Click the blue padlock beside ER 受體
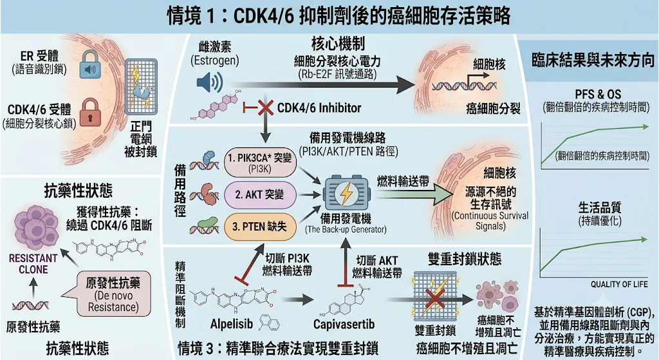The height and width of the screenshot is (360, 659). pos(90,65)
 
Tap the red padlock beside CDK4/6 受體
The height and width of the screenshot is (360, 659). pos(91,112)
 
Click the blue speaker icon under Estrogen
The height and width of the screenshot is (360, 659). pos(210,82)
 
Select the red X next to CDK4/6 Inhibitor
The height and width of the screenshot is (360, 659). pos(265,108)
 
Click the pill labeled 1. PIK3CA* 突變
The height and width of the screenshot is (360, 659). pos(260,162)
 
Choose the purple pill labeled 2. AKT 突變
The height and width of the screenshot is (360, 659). pos(260,194)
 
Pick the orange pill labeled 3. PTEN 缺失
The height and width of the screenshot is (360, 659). pos(260,227)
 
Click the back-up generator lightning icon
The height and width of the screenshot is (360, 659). pos(347,194)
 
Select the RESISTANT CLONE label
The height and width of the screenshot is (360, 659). pos(33,263)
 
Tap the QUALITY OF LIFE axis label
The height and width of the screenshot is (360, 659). pos(619,284)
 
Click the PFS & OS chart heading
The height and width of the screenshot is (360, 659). pos(598,94)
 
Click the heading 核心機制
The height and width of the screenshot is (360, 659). pos(338,44)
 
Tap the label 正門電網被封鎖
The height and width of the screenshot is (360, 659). pos(141,139)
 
